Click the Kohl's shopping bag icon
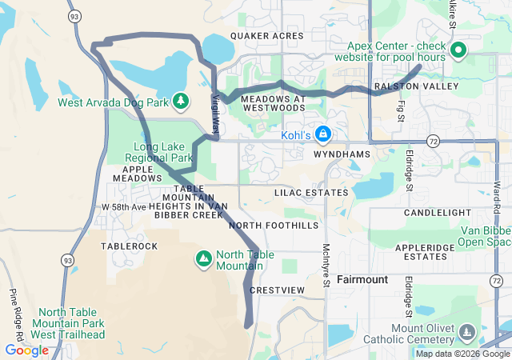click(x=323, y=133)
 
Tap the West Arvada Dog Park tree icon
click(x=182, y=101)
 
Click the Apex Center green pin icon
click(x=458, y=52)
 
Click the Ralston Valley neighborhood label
click(x=416, y=86)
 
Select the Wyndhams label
click(x=342, y=153)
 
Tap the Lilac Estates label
click(x=311, y=193)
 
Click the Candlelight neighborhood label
click(x=437, y=213)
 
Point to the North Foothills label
click(x=274, y=226)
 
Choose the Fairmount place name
click(x=362, y=280)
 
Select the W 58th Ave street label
click(x=124, y=207)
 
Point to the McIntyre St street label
click(x=326, y=265)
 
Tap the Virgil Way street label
click(x=215, y=114)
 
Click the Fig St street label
click(x=401, y=107)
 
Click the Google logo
click(x=26, y=350)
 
